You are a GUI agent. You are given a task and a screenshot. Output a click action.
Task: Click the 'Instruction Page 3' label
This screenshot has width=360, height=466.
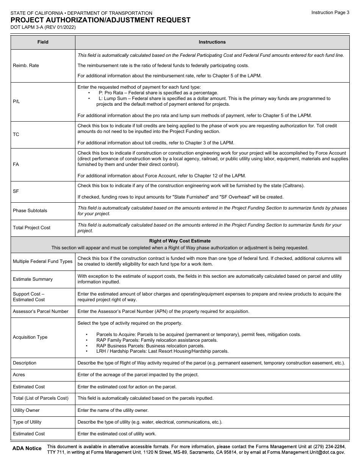(330, 13)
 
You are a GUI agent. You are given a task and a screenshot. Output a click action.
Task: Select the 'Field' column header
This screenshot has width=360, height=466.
(43, 42)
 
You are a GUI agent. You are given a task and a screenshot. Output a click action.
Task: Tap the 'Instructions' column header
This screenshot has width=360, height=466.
(212, 42)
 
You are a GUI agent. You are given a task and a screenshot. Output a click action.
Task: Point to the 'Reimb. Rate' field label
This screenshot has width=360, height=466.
(26, 66)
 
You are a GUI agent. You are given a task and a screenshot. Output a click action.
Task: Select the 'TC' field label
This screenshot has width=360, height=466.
(16, 134)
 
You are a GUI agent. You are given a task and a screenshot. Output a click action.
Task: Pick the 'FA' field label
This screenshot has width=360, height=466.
(16, 164)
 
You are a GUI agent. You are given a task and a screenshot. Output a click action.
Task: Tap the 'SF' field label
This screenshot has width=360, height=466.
(16, 191)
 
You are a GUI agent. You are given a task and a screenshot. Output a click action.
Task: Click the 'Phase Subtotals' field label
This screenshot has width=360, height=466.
(30, 211)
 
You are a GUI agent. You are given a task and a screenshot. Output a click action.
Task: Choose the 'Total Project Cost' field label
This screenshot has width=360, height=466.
(31, 228)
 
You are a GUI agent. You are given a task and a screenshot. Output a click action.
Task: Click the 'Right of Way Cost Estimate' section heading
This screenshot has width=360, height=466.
(180, 241)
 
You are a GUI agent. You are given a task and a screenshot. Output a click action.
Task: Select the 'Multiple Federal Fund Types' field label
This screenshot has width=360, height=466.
(42, 261)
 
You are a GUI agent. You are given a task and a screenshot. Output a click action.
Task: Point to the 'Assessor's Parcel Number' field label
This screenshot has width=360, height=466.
(41, 311)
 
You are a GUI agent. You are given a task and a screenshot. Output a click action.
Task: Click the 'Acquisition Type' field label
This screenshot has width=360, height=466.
(30, 337)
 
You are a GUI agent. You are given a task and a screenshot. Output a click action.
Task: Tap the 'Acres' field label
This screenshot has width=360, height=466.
(19, 375)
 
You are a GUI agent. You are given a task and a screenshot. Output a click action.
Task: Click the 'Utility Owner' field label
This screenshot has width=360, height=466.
(26, 410)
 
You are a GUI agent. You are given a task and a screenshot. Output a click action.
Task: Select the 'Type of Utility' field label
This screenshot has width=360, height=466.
(27, 422)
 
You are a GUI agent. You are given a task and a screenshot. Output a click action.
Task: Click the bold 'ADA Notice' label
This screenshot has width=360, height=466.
(27, 449)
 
